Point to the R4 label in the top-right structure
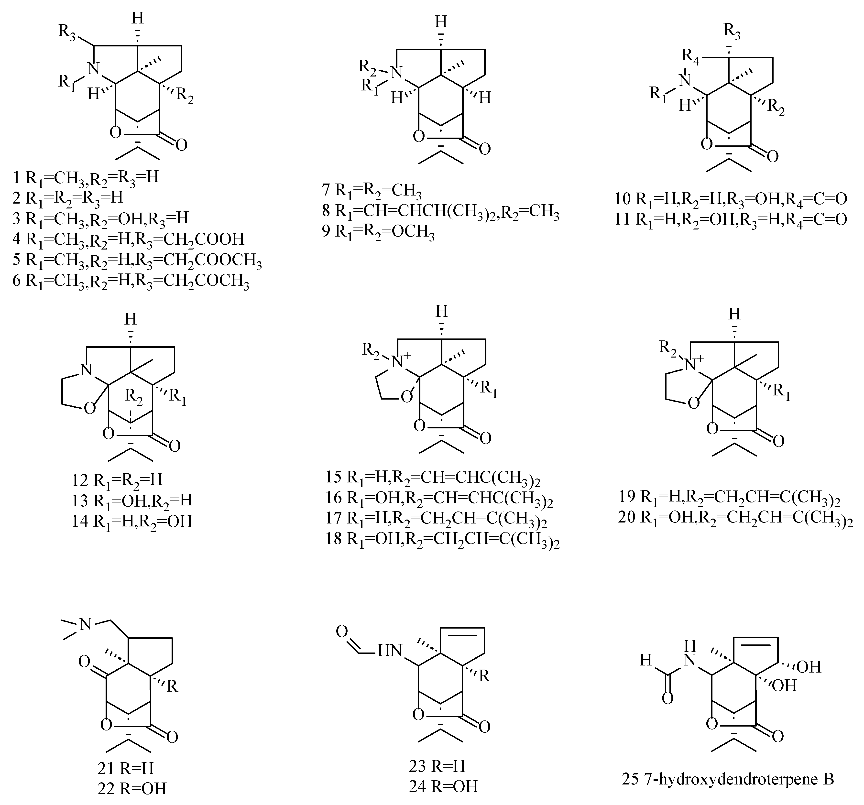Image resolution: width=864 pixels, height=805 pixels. pos(691,56)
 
